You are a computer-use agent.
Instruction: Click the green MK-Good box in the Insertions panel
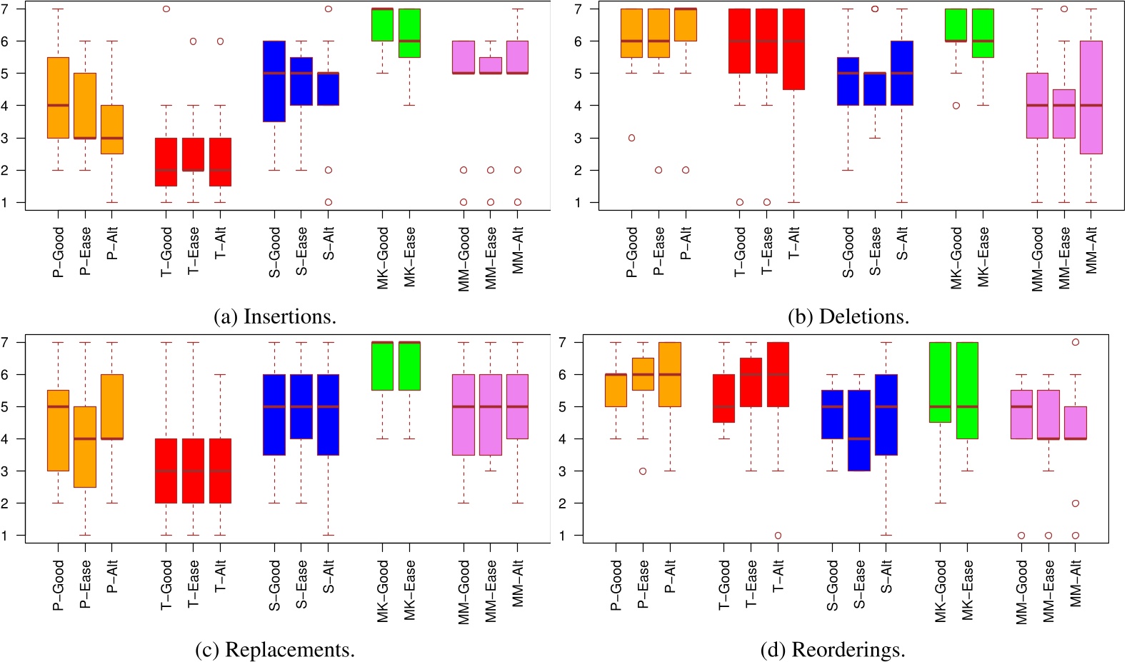[382, 24]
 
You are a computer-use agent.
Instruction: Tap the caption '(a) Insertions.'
[275, 316]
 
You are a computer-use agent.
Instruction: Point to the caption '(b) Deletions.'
[848, 316]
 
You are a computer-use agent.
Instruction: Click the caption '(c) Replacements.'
[275, 650]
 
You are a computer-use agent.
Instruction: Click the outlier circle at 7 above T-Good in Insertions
[166, 9]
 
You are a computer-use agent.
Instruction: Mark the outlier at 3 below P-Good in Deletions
[631, 138]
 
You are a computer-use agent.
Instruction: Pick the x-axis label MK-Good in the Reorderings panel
[941, 591]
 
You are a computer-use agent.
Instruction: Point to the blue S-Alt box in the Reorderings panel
[886, 414]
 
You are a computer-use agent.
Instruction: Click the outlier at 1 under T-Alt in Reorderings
[778, 536]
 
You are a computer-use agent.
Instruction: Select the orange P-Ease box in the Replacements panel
[85, 446]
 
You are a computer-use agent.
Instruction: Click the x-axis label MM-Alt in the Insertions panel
[518, 250]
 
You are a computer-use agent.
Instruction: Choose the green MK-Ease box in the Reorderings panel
[967, 390]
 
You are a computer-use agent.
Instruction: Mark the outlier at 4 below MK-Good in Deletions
[956, 106]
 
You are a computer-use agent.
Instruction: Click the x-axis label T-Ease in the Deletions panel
[767, 250]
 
